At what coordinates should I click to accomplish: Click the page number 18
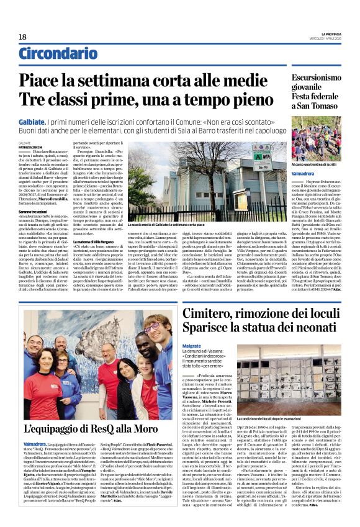click(22, 37)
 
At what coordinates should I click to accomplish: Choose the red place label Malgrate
click(192, 345)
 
